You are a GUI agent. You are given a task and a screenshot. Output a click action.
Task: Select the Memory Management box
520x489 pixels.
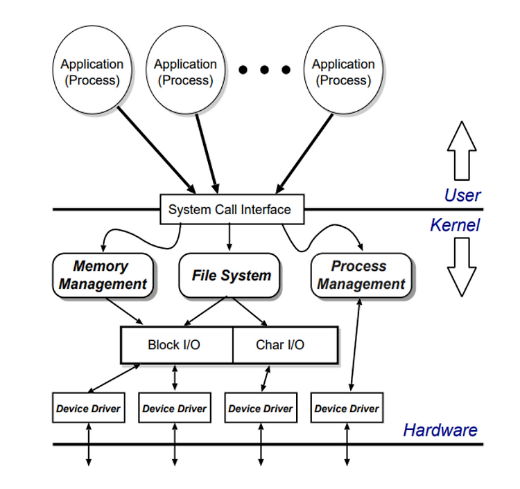pyautogui.click(x=103, y=275)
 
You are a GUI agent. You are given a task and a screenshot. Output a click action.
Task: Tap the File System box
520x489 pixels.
pyautogui.click(x=229, y=275)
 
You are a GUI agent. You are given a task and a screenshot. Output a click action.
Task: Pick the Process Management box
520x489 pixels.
pyautogui.click(x=361, y=275)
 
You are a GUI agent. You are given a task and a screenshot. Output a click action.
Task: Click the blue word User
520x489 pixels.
pyautogui.click(x=462, y=195)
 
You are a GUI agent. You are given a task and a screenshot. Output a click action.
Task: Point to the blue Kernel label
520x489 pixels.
pyautogui.click(x=455, y=225)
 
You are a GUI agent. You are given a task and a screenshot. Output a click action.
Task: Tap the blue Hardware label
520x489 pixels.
pyautogui.click(x=440, y=430)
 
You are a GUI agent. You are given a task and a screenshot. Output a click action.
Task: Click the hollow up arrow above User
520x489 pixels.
pyautogui.click(x=462, y=151)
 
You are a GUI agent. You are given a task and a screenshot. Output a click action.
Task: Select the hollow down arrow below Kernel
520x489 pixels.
pyautogui.click(x=462, y=267)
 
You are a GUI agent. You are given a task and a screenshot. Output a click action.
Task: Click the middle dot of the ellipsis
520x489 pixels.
pyautogui.click(x=264, y=69)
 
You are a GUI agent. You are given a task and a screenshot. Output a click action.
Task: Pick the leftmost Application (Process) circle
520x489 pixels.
pyautogui.click(x=92, y=70)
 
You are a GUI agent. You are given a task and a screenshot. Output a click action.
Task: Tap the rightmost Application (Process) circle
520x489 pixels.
pyautogui.click(x=343, y=70)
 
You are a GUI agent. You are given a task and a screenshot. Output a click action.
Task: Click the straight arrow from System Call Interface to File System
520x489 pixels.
pyautogui.click(x=229, y=237)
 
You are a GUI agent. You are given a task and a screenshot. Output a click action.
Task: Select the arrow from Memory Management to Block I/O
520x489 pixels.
pyautogui.click(x=124, y=311)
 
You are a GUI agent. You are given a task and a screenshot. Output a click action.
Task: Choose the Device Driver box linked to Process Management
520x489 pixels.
pyautogui.click(x=347, y=407)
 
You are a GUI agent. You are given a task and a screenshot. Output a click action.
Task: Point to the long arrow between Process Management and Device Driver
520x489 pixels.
pyautogui.click(x=356, y=344)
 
